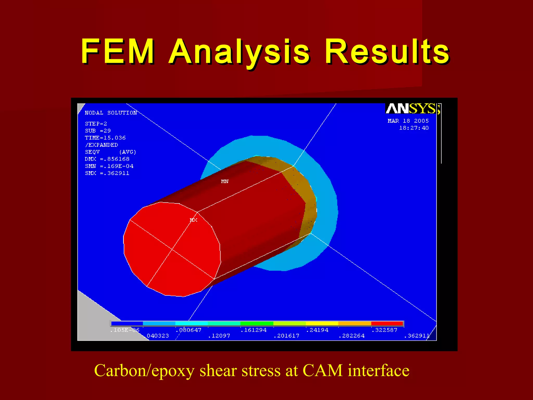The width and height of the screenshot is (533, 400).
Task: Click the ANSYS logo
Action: [413, 108]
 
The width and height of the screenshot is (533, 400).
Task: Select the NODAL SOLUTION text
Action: [111, 113]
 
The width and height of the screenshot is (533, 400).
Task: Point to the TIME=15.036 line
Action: [105, 138]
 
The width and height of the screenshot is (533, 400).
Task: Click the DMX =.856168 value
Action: [107, 159]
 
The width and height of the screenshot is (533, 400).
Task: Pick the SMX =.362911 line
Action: [107, 173]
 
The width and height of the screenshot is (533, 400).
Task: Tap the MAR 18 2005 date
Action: [408, 121]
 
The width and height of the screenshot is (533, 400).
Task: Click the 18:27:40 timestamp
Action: [414, 128]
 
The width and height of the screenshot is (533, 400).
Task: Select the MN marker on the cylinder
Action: [225, 181]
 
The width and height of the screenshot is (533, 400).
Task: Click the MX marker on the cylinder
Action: [193, 220]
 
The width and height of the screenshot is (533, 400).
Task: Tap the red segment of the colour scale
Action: [387, 323]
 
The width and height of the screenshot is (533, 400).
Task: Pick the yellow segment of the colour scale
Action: [322, 323]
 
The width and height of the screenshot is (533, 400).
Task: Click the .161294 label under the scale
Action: [253, 330]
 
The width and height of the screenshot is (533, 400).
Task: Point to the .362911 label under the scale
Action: [417, 336]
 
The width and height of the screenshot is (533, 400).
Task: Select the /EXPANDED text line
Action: [101, 145]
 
